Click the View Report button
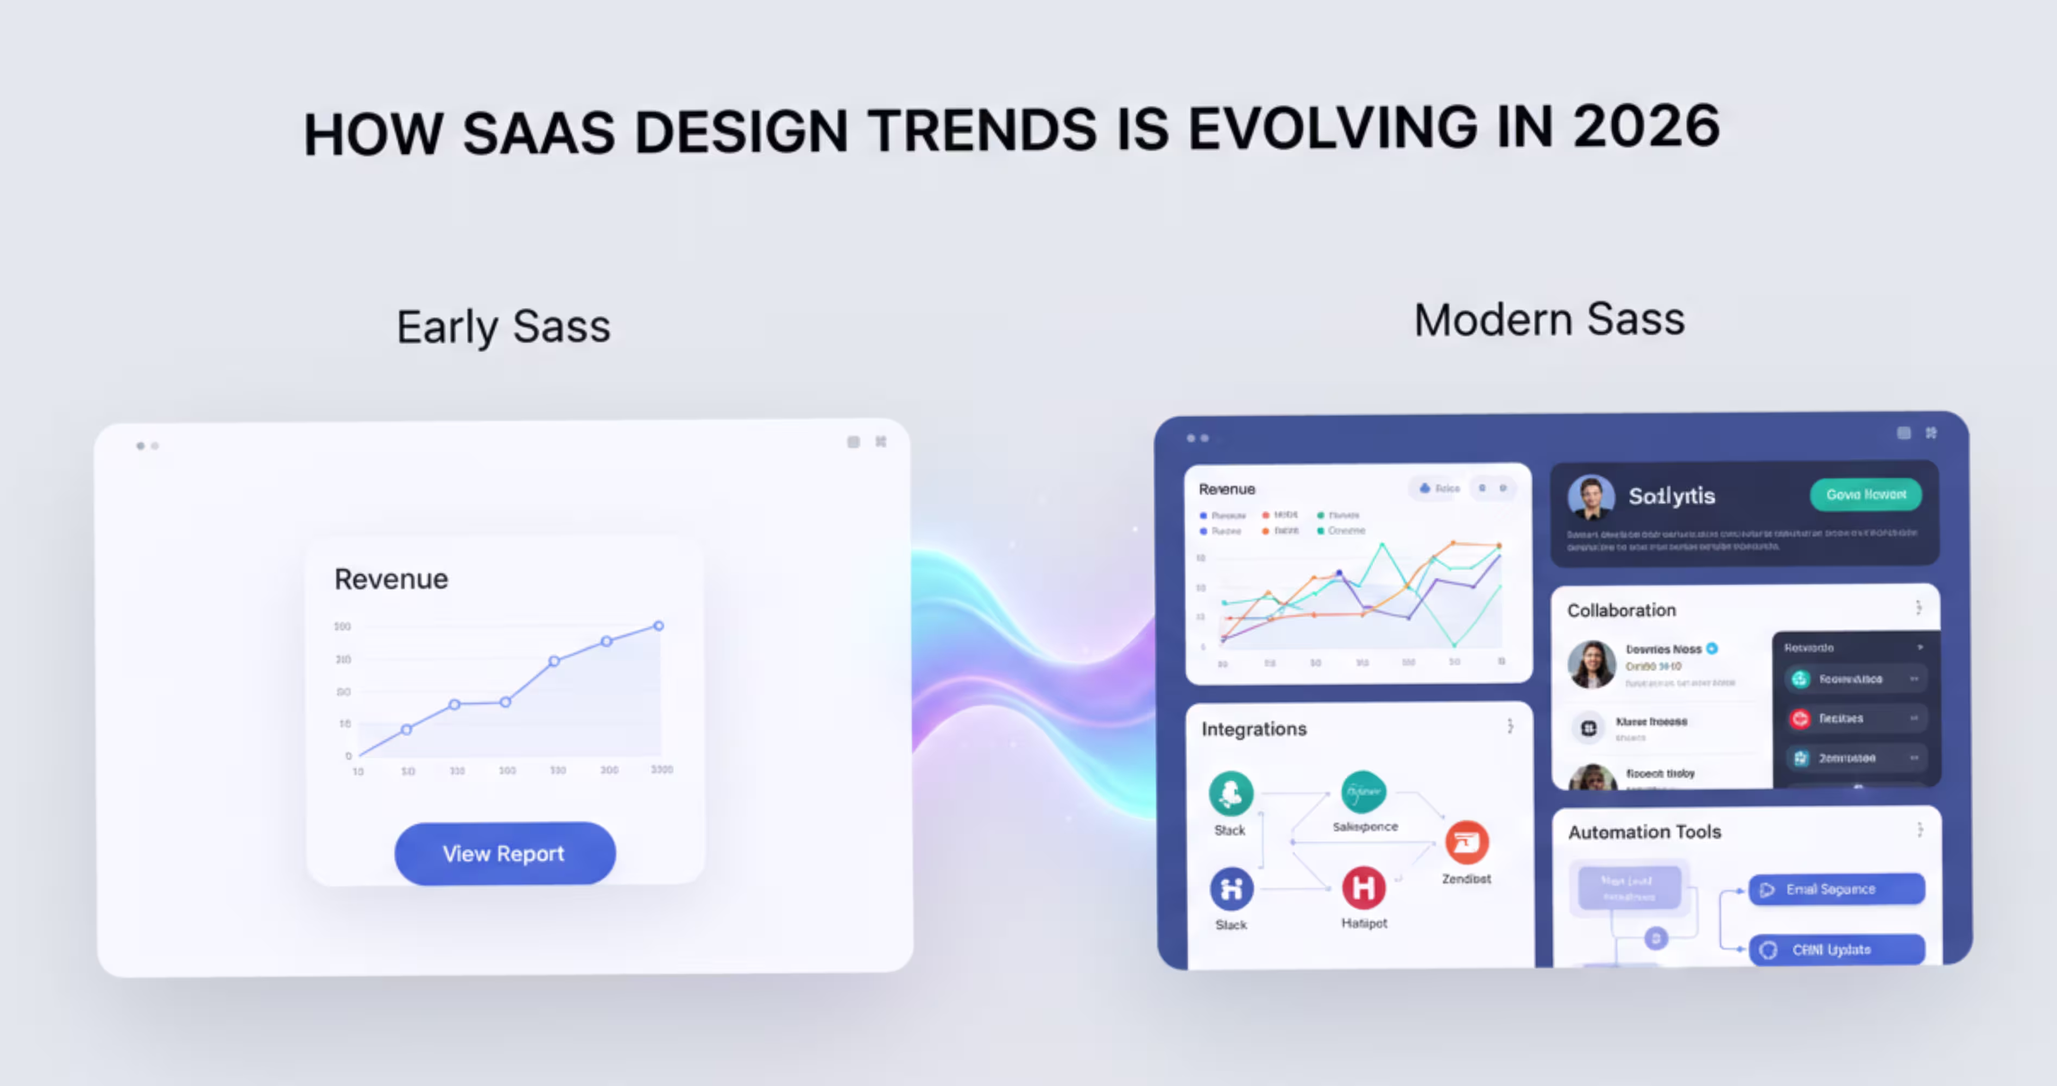point(504,853)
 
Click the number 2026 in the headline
point(1646,128)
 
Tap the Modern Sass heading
point(1549,320)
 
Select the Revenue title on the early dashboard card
point(392,579)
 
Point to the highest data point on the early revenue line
point(659,626)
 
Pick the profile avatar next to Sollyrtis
point(1591,497)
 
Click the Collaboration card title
point(1621,610)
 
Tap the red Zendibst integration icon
point(1467,842)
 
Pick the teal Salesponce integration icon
point(1363,791)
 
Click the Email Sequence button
point(1837,889)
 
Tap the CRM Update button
point(1837,950)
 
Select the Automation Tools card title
point(1644,832)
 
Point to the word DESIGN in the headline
point(740,132)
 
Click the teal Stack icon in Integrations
point(1231,793)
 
